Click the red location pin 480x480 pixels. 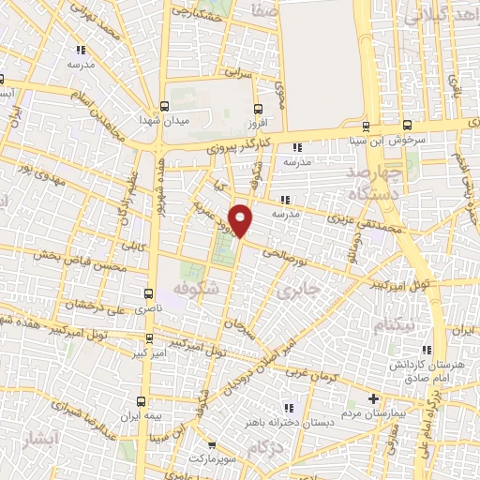point(242,219)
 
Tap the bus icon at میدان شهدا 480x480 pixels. point(166,107)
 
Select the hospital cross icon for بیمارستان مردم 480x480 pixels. point(375,399)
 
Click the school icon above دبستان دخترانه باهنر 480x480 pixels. point(289,407)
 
